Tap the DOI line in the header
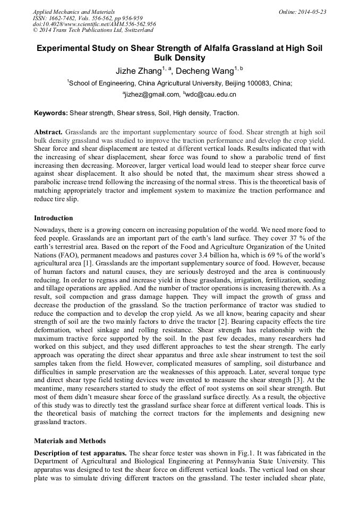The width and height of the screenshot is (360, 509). (94, 24)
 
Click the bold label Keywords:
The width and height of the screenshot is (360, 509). (51, 113)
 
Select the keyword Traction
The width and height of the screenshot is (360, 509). (226, 113)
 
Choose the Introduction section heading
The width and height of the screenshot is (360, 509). (54, 218)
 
